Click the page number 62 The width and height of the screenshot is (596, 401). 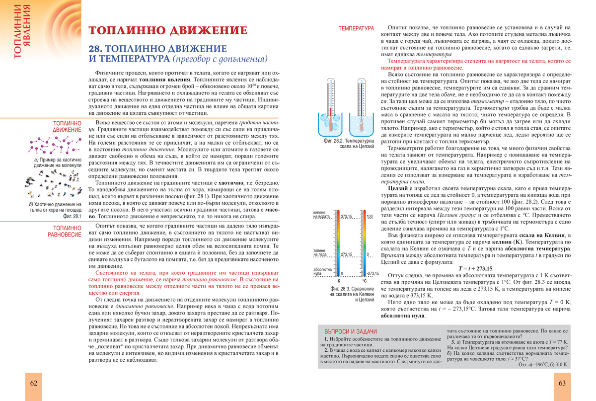tap(34, 383)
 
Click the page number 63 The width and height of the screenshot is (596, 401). tap(562, 383)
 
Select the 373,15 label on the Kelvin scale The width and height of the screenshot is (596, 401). tap(346, 216)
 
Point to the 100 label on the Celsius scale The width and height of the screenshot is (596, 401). tap(369, 216)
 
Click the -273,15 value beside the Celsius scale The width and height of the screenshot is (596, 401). tap(372, 273)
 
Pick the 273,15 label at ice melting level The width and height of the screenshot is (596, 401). tap(346, 254)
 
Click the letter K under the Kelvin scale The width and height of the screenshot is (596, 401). tap(339, 281)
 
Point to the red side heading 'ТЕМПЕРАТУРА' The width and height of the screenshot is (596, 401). tap(356, 29)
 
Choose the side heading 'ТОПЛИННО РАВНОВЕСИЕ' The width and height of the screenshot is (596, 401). tap(65, 231)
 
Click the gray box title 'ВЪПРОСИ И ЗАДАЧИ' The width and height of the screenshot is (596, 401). tap(350, 331)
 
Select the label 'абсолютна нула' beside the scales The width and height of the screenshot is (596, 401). tap(323, 271)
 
